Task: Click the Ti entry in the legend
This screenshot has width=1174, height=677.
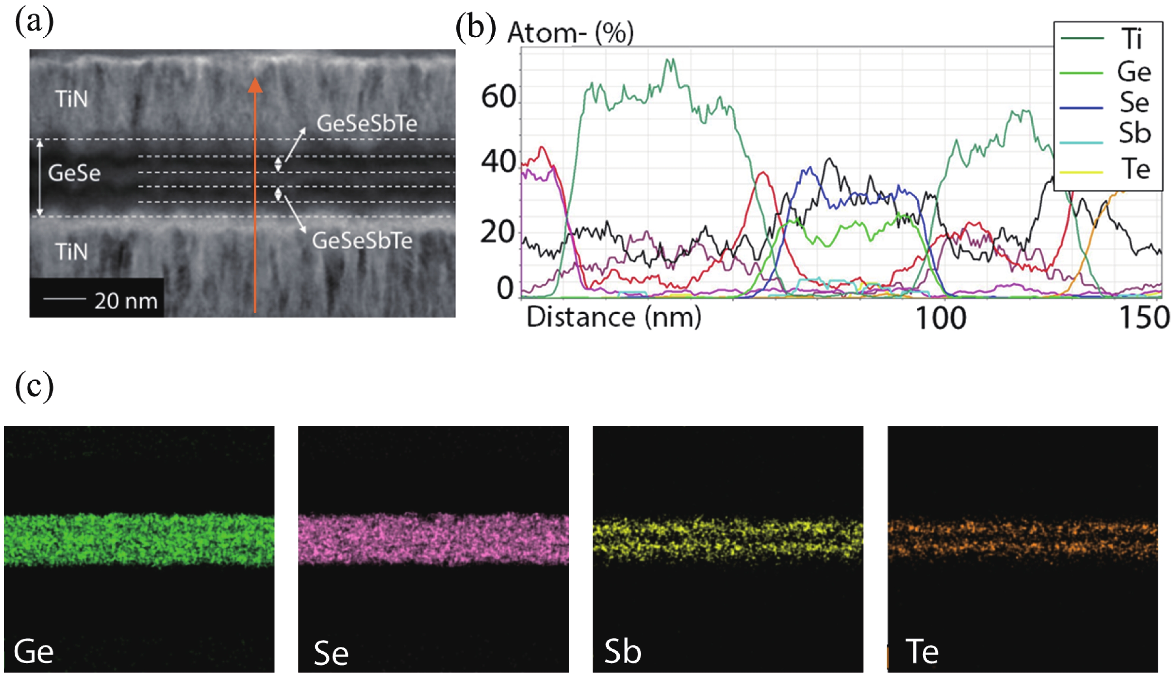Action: [x=1132, y=39]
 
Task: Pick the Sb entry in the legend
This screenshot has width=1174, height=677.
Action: [x=1134, y=133]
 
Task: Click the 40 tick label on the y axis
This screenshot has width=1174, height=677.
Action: [x=498, y=162]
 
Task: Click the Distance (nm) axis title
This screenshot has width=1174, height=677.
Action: [x=614, y=318]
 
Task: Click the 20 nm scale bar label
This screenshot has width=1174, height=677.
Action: [x=126, y=301]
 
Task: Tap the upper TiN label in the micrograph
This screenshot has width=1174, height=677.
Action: [x=71, y=99]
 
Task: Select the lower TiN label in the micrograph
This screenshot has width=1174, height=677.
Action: [x=71, y=251]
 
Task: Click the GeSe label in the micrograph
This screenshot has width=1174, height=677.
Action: [x=74, y=173]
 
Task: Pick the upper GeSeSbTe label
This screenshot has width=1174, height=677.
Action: [x=367, y=123]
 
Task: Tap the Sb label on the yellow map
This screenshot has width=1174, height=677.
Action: [x=622, y=652]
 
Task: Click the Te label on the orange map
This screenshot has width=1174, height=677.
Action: [x=922, y=652]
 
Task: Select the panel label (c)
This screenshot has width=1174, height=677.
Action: [x=34, y=386]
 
